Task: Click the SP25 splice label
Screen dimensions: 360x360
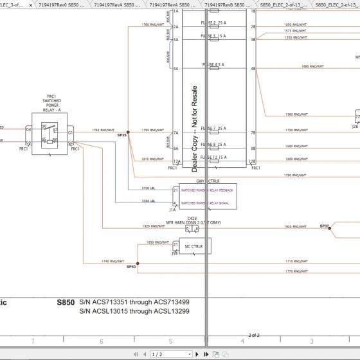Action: click(122, 136)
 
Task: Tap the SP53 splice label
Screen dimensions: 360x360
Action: click(131, 266)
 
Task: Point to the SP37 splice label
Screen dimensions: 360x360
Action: click(324, 226)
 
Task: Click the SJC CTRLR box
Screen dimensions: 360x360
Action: click(194, 246)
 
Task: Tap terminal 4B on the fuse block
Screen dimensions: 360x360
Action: click(253, 68)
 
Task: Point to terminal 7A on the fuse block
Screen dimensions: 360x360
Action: click(175, 132)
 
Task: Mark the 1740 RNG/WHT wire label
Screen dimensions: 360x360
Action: click(110, 261)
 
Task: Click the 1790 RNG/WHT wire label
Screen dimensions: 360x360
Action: click(292, 174)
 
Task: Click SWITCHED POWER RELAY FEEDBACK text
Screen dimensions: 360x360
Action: click(207, 191)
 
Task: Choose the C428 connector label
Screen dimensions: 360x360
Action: click(192, 219)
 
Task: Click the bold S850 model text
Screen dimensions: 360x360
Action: click(66, 301)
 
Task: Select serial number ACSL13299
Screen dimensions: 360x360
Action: click(170, 311)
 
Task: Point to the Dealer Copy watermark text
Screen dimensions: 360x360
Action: click(194, 129)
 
